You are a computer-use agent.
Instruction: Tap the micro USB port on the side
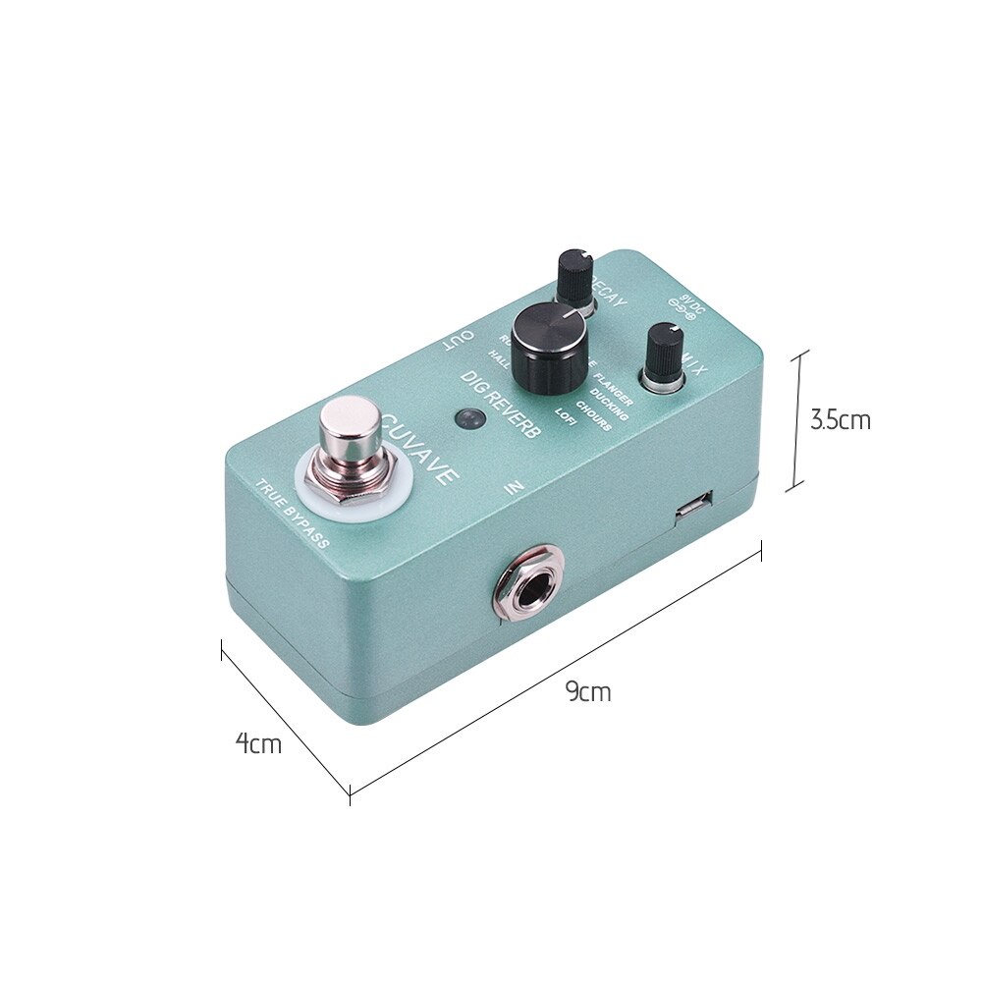pos(695,507)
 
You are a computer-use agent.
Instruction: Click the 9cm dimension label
pos(588,691)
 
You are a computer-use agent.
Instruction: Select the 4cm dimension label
pos(258,743)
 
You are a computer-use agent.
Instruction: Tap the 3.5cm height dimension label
pos(840,420)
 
